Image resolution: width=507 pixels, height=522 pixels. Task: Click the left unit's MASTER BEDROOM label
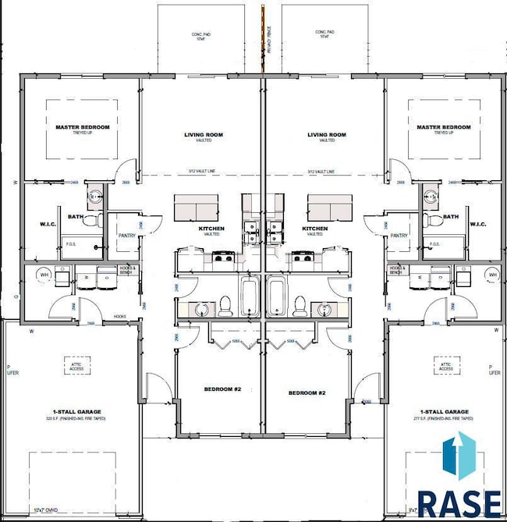tap(82, 127)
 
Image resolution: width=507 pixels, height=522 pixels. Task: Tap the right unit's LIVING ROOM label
tap(327, 135)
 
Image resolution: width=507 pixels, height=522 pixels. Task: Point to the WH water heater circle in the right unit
tap(492, 274)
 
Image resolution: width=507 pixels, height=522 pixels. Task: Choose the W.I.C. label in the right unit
tap(478, 225)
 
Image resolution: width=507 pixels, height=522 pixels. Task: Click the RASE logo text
tap(459, 502)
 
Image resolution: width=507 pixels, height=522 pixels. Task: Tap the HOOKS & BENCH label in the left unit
tap(129, 270)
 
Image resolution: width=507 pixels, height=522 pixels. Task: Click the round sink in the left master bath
tap(94, 197)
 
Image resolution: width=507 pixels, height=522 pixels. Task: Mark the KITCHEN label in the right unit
tap(314, 229)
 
